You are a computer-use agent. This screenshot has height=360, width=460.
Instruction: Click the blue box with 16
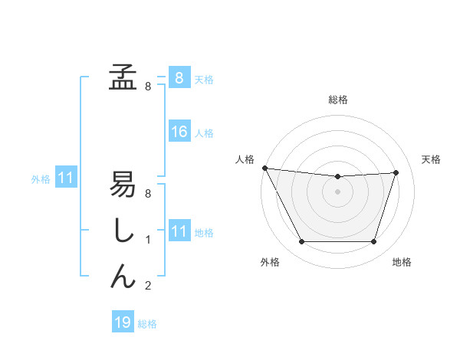point(179,132)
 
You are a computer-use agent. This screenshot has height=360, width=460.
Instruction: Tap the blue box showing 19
point(123,322)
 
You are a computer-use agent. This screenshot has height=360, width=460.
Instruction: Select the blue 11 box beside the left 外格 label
point(65,178)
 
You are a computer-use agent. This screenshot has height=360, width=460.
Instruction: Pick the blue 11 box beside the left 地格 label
point(179,231)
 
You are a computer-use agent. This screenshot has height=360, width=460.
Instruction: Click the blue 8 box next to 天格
point(179,78)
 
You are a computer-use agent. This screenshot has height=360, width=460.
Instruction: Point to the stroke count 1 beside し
point(148,240)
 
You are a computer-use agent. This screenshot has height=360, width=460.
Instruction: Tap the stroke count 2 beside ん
point(148,286)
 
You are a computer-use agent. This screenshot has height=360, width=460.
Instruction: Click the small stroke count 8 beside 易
point(148,194)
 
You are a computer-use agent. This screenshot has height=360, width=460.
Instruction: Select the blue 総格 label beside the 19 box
point(147,324)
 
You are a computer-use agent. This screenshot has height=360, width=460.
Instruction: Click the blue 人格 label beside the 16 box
point(204,133)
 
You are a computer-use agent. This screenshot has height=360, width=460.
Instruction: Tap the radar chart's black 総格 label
point(337,100)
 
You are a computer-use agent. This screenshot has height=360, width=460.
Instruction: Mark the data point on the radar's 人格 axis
point(264,168)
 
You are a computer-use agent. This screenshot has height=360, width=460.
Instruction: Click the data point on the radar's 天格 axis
point(396,172)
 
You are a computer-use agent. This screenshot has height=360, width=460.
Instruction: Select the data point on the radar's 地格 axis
point(374,242)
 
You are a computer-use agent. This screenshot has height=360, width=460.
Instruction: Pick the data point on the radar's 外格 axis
point(301,242)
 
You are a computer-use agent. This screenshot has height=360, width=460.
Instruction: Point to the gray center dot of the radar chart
point(337,191)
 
